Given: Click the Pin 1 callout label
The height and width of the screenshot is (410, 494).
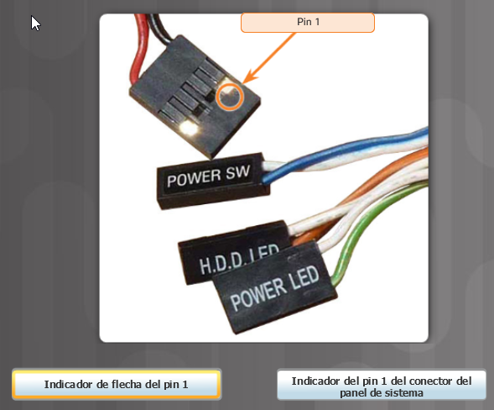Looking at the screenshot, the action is [308, 23].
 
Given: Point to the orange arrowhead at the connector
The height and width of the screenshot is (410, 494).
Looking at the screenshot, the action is [250, 77].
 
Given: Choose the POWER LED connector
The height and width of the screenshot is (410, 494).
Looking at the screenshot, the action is [274, 288].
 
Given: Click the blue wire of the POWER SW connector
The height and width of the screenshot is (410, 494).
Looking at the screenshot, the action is [343, 151].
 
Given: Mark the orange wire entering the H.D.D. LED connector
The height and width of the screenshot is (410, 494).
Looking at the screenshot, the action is [362, 196].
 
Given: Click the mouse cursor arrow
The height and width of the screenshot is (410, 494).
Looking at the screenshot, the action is [35, 23].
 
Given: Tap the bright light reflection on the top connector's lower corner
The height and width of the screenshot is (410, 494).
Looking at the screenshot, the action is [188, 128].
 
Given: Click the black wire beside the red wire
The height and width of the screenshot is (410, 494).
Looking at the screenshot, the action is [161, 28].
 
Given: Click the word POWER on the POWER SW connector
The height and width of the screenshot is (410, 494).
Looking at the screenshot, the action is [194, 179].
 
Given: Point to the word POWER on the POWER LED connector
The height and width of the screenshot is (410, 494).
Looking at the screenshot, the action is [257, 294].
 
